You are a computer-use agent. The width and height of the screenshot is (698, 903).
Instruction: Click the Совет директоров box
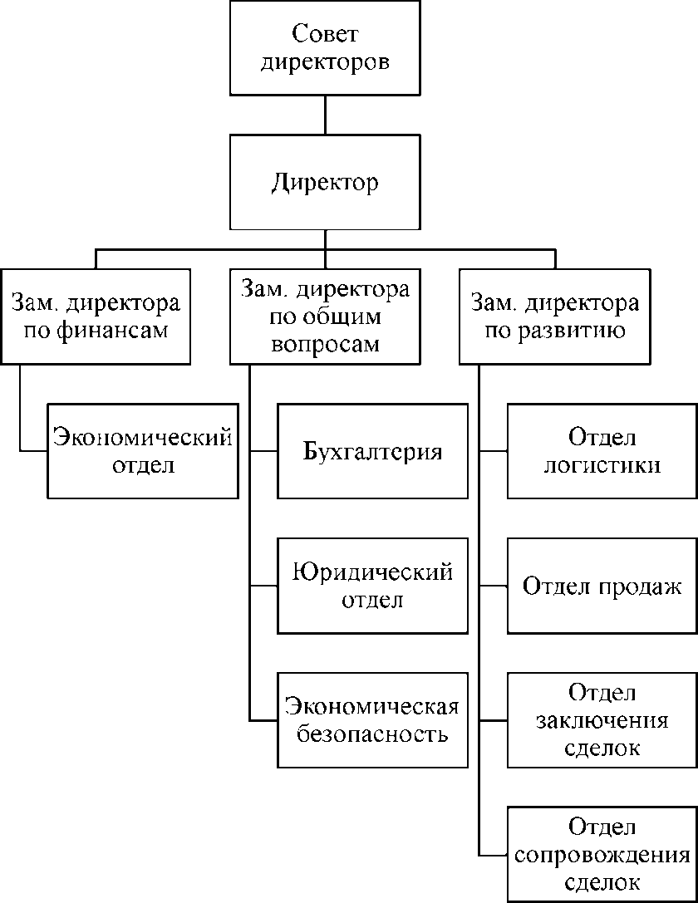point(325,48)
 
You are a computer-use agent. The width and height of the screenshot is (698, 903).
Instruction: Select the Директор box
point(325,182)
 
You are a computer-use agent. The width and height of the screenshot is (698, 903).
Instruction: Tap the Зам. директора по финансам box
point(96,316)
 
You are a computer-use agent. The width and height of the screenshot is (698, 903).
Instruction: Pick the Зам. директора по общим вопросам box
point(325,316)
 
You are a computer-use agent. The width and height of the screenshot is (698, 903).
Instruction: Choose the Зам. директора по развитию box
point(555,316)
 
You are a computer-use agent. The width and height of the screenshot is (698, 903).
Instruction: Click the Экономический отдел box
point(142,450)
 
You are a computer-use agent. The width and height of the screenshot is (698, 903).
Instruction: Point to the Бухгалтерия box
point(372,450)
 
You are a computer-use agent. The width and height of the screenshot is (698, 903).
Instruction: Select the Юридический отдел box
point(372,585)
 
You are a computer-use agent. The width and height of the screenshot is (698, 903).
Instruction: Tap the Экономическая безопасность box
point(372,719)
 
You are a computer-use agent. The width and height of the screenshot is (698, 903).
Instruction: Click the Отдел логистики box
point(602,450)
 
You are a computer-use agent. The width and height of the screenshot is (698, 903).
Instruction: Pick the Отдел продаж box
point(602,585)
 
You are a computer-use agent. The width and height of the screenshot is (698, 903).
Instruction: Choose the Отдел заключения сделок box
point(602,719)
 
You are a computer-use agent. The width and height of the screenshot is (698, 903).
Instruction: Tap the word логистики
point(602,465)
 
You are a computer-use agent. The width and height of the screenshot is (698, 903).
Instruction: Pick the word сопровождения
point(602,855)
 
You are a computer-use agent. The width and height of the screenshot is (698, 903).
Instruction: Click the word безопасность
point(372,734)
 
